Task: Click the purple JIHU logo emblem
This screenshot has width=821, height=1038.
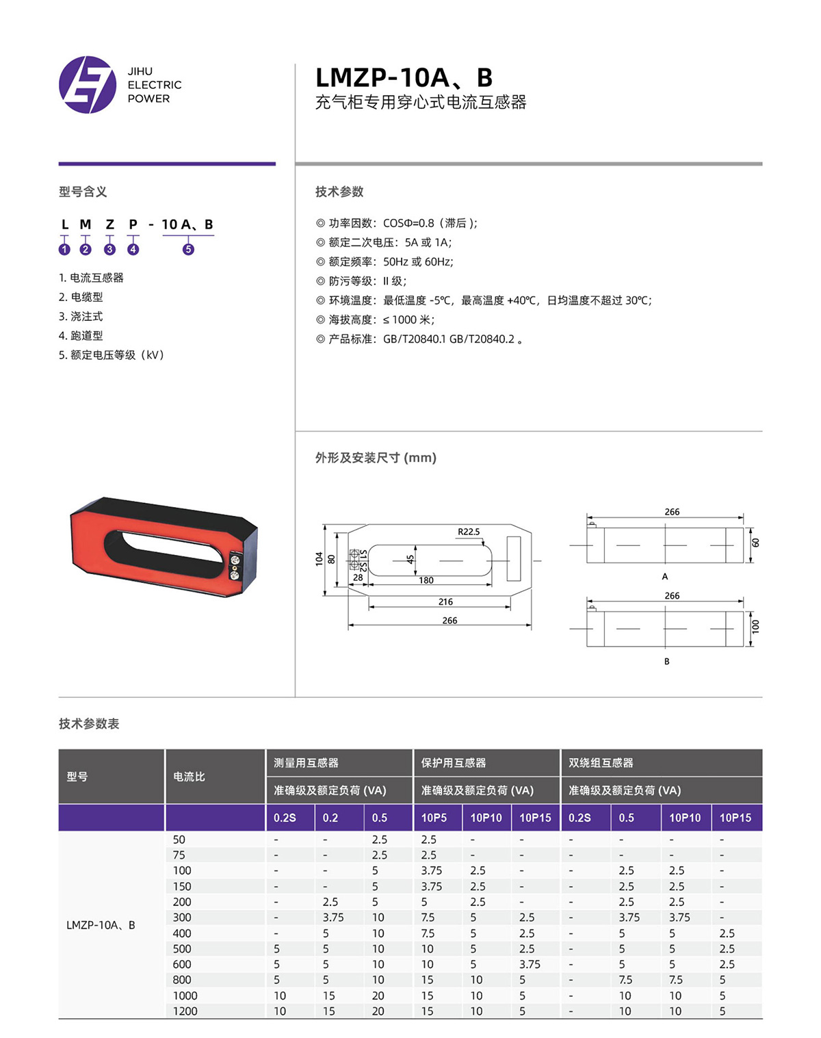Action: [x=88, y=85]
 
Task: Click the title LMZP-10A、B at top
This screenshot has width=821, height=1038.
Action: [x=404, y=77]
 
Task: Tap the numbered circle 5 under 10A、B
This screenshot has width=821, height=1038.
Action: [x=188, y=249]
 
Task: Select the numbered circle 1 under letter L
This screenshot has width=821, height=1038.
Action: [x=64, y=249]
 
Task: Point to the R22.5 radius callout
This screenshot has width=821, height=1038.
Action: [x=469, y=532]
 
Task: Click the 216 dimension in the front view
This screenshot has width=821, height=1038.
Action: [x=445, y=601]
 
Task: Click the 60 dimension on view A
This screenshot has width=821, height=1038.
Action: [x=755, y=543]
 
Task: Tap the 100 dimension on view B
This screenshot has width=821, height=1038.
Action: [x=755, y=627]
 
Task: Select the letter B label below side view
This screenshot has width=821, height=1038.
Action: [x=666, y=662]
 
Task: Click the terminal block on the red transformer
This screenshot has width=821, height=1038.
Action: [x=235, y=567]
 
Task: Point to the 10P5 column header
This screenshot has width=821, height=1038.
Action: [x=434, y=818]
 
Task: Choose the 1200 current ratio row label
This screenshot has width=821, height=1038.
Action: [x=185, y=1011]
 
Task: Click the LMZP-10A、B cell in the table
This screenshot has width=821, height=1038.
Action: [x=101, y=925]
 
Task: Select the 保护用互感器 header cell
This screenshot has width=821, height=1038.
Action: [x=454, y=763]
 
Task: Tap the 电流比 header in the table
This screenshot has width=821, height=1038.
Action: [x=189, y=777]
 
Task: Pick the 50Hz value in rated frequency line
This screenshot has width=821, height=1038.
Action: [x=395, y=261]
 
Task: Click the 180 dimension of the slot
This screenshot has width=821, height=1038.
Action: [x=426, y=580]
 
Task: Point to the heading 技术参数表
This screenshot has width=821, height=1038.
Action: [x=89, y=723]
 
